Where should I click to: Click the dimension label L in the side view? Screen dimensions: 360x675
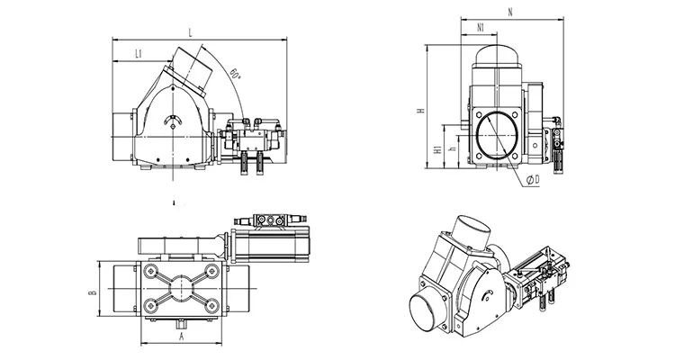tap(192, 32)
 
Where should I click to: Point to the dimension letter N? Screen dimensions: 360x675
tap(509, 12)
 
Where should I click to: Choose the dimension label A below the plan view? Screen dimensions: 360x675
tap(182, 337)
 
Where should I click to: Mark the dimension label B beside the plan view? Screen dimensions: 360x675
tap(93, 292)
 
